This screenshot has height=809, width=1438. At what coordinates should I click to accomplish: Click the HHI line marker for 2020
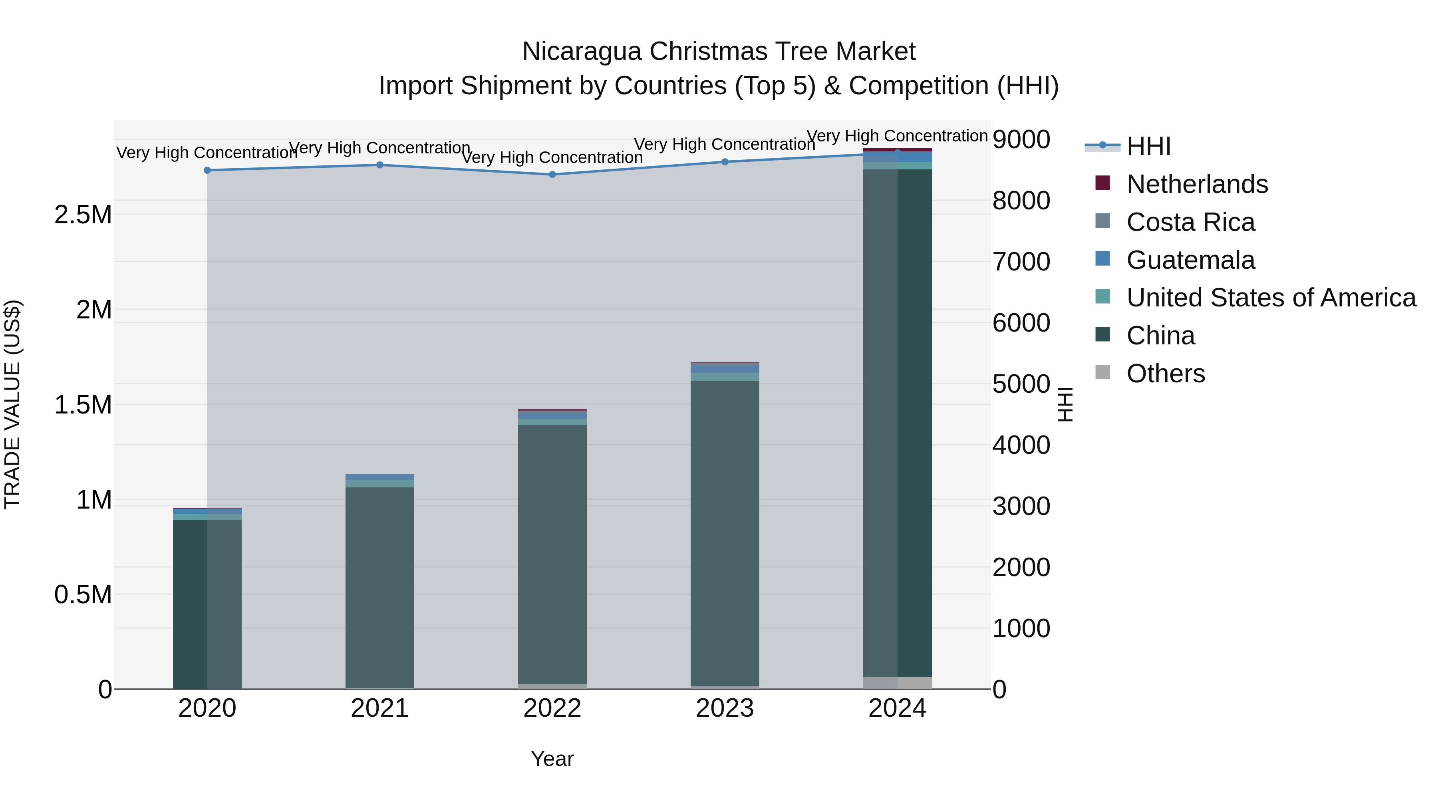(x=207, y=170)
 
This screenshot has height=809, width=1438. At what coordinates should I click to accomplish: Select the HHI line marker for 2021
(x=379, y=165)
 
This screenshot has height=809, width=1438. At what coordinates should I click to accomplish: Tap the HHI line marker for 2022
(x=552, y=175)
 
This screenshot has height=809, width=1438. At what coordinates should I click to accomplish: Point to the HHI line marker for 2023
(x=725, y=162)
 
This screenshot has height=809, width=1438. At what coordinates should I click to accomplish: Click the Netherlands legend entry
(x=1197, y=184)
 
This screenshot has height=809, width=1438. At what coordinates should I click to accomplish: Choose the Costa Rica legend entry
(x=1190, y=222)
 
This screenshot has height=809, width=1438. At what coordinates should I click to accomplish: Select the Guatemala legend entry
(x=1190, y=260)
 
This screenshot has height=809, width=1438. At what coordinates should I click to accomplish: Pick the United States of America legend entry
(x=1271, y=298)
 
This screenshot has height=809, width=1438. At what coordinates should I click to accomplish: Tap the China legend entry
(x=1160, y=336)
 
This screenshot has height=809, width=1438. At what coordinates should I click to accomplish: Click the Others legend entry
(x=1165, y=374)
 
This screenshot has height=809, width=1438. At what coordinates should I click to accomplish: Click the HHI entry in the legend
(x=1148, y=146)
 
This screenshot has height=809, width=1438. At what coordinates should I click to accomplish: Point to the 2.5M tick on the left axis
(x=83, y=215)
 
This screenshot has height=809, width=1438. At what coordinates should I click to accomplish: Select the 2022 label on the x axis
(x=552, y=708)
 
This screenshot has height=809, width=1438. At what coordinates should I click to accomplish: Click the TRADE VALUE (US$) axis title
(x=12, y=404)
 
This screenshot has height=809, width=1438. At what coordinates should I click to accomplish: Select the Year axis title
(x=552, y=759)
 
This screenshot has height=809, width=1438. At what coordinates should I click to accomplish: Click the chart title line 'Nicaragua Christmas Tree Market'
(x=719, y=52)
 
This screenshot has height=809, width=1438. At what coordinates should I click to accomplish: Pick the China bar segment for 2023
(x=725, y=533)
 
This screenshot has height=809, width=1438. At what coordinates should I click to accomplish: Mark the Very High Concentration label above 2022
(x=552, y=157)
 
